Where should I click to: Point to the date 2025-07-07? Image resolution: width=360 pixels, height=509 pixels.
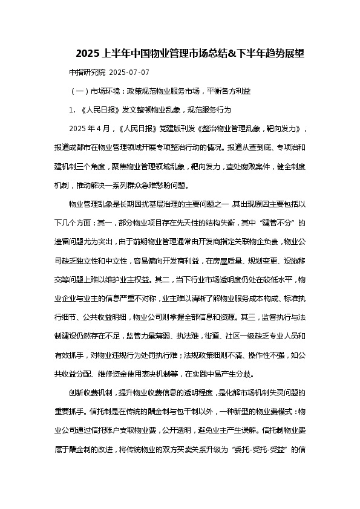[x=129, y=73]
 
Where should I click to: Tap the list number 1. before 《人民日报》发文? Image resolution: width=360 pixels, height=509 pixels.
[x=73, y=111]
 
